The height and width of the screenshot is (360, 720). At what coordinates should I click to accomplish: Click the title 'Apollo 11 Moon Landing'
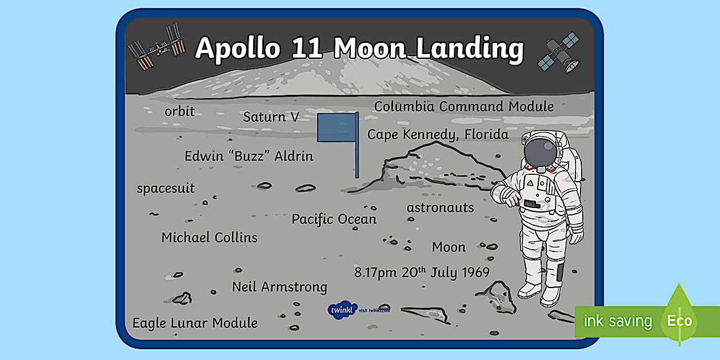[x=359, y=49]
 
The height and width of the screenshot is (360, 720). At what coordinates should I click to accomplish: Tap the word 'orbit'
[x=179, y=111]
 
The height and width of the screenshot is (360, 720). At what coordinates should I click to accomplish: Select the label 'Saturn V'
[x=271, y=117]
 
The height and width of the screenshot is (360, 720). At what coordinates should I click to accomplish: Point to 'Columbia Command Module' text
[x=463, y=106]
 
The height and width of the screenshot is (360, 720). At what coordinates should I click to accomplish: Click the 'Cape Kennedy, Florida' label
[x=438, y=134]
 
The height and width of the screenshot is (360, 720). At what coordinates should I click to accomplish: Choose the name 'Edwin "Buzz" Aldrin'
[x=249, y=156]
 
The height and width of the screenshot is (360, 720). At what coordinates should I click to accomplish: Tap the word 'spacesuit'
[x=166, y=188]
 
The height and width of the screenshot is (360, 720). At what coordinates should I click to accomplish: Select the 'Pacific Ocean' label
[x=334, y=219]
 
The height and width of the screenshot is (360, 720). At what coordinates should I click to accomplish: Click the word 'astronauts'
[x=440, y=207]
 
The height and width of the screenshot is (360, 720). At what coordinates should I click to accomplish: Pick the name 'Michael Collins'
[x=209, y=237]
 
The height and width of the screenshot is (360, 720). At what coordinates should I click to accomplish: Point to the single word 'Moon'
[x=449, y=247]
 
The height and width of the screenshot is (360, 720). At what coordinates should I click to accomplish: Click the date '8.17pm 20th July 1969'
[x=422, y=272]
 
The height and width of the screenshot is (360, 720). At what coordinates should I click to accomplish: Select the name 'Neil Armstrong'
[x=279, y=286]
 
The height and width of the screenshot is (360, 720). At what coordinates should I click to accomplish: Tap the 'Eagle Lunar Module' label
[x=195, y=323]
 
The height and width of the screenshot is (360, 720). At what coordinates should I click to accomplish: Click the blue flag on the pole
[x=337, y=127]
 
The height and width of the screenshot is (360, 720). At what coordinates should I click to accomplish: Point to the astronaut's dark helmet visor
[x=539, y=150]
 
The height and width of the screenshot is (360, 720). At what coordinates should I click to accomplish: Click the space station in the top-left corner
[x=156, y=47]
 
